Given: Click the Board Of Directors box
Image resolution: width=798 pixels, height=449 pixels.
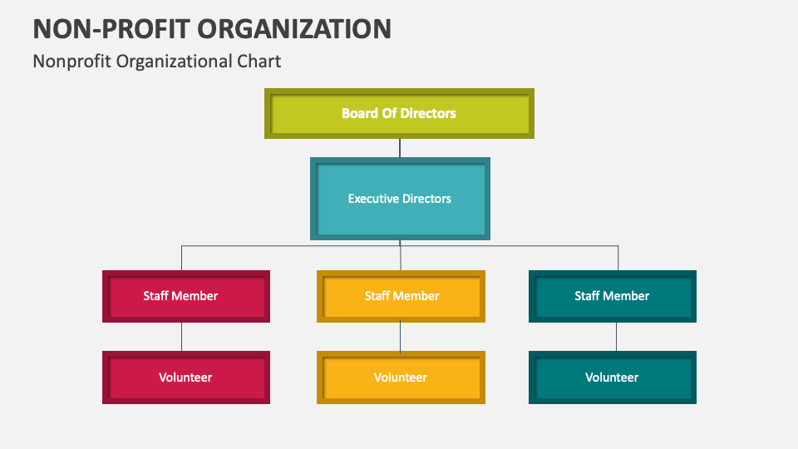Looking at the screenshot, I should (x=399, y=113).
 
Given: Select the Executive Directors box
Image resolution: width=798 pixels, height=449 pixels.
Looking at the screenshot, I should (x=400, y=199).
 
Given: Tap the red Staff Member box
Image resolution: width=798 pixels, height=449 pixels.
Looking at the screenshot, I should (x=186, y=296).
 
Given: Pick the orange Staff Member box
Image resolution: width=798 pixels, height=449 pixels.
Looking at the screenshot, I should (x=401, y=296).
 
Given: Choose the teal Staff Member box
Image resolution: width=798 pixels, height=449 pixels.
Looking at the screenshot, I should (x=613, y=296).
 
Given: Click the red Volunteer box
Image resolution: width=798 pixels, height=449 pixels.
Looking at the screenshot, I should (x=186, y=377).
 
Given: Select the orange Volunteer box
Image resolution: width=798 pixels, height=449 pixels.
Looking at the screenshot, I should (x=401, y=377).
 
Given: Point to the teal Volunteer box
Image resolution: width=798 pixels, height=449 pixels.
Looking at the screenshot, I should (x=613, y=377).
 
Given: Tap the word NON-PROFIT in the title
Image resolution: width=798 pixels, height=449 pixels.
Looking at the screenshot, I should (x=111, y=28).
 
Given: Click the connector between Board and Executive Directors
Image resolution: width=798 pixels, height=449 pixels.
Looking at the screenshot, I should (x=400, y=148).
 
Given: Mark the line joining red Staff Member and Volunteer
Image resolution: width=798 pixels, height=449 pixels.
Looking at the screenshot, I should (x=182, y=337).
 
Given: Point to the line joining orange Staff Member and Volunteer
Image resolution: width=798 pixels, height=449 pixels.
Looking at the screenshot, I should (x=401, y=337).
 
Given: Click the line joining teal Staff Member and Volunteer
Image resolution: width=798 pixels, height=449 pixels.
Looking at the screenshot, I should (x=616, y=337).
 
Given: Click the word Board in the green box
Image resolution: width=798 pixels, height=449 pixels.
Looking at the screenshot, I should (x=359, y=113).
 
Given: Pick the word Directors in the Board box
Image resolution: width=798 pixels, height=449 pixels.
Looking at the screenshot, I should (x=429, y=113).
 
